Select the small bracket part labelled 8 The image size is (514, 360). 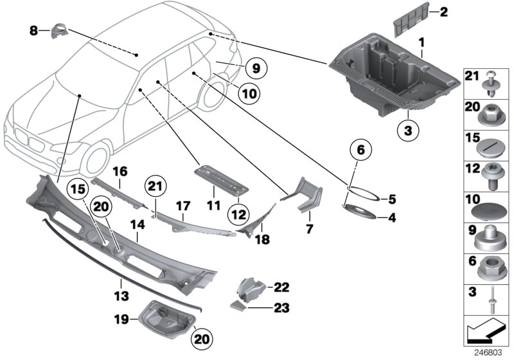coord(60,30)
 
